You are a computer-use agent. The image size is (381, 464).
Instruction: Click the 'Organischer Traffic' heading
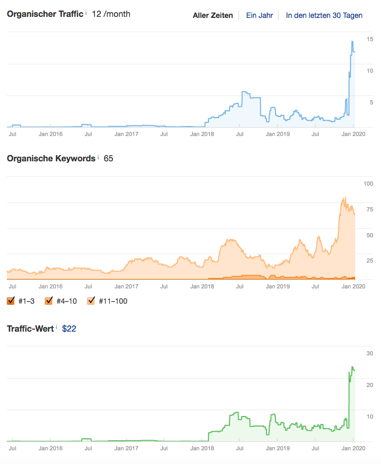[x=45, y=14]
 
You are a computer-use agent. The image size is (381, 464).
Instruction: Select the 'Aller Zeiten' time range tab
[x=213, y=15]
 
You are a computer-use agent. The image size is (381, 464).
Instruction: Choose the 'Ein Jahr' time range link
[x=260, y=15]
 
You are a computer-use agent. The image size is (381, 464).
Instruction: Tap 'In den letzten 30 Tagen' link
[x=324, y=15]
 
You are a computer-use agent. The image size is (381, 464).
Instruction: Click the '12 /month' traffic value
[x=111, y=14]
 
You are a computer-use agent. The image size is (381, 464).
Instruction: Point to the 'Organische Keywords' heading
[x=51, y=158]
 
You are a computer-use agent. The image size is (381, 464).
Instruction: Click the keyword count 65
[x=109, y=158]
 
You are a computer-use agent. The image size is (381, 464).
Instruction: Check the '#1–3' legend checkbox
[x=11, y=301]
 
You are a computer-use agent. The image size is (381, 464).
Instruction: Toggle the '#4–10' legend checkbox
[x=49, y=301]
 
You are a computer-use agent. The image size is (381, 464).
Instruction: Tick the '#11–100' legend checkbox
[x=91, y=301]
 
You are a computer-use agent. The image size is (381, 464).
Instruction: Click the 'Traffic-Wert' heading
[x=30, y=328]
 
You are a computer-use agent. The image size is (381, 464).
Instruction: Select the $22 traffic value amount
[x=70, y=328]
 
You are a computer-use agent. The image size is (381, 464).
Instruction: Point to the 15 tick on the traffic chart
[x=370, y=39]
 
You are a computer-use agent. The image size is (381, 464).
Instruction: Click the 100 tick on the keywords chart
[x=368, y=183]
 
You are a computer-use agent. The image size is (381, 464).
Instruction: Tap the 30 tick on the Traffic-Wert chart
[x=370, y=353]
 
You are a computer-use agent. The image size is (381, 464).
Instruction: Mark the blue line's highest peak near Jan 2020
[x=352, y=41]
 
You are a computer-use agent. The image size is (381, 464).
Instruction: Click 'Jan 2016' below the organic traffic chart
[x=51, y=134]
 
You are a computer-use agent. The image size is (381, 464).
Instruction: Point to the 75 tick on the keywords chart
[x=369, y=210]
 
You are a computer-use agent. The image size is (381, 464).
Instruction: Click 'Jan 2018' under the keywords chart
[x=202, y=286]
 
